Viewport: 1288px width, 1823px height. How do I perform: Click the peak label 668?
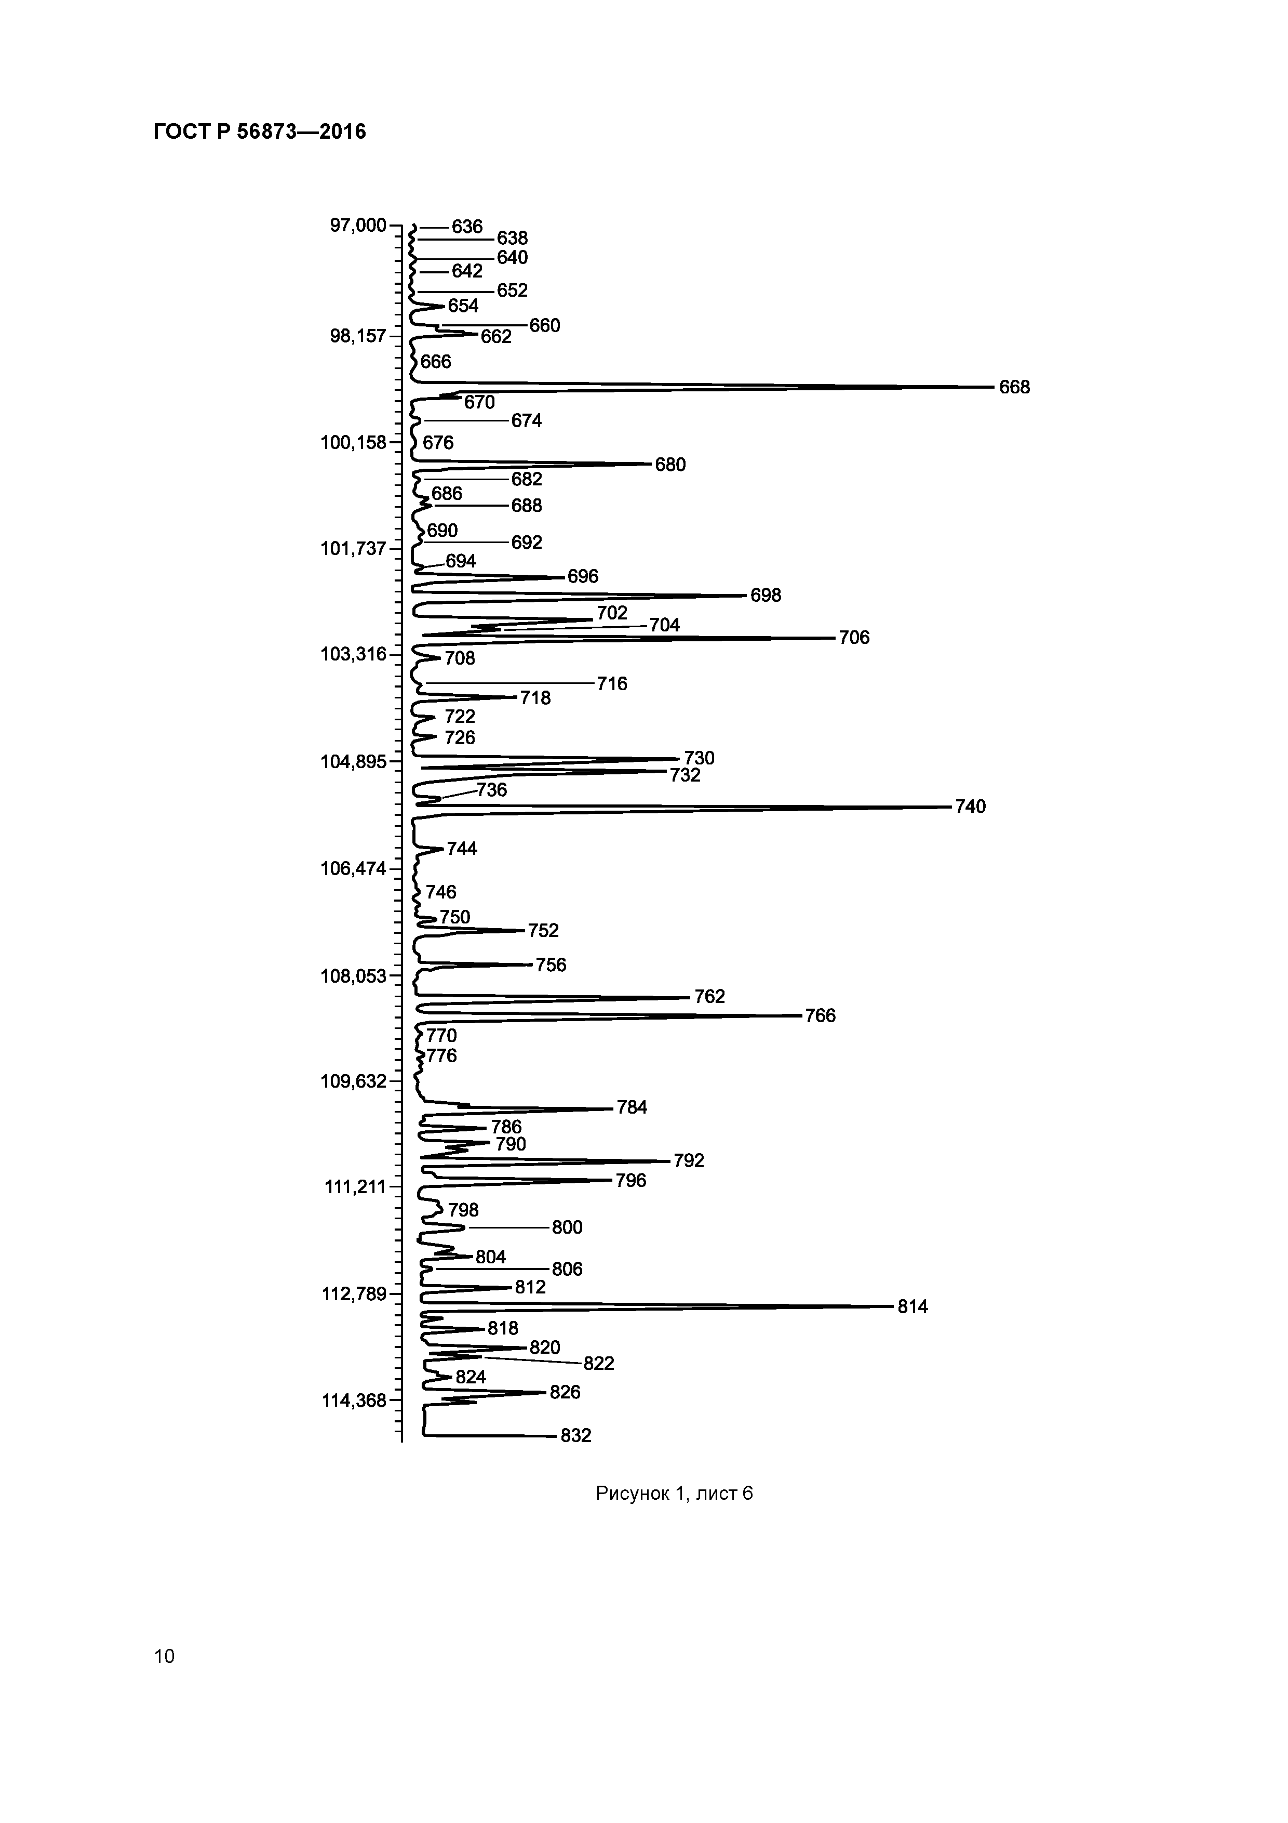click(x=1014, y=388)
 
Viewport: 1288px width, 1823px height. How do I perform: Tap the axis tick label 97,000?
click(x=358, y=226)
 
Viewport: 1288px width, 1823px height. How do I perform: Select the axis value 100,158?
click(x=353, y=442)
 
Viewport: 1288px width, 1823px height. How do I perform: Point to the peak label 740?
click(x=970, y=807)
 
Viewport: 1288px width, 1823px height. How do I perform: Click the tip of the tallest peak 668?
click(x=992, y=388)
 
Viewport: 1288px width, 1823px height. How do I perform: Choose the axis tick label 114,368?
click(x=353, y=1401)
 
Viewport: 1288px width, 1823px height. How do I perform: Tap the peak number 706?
click(x=854, y=638)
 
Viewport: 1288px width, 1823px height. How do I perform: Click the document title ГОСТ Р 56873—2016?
click(x=260, y=132)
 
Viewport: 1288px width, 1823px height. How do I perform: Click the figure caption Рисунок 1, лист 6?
click(x=674, y=1494)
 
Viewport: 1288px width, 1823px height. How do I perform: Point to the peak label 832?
click(x=575, y=1435)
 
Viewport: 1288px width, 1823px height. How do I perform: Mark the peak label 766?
click(x=820, y=1015)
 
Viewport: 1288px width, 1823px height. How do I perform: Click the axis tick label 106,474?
click(x=353, y=868)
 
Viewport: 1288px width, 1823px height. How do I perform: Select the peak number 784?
click(x=632, y=1107)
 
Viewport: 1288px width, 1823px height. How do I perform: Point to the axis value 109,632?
click(x=353, y=1081)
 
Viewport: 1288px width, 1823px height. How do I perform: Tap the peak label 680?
click(x=670, y=465)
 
